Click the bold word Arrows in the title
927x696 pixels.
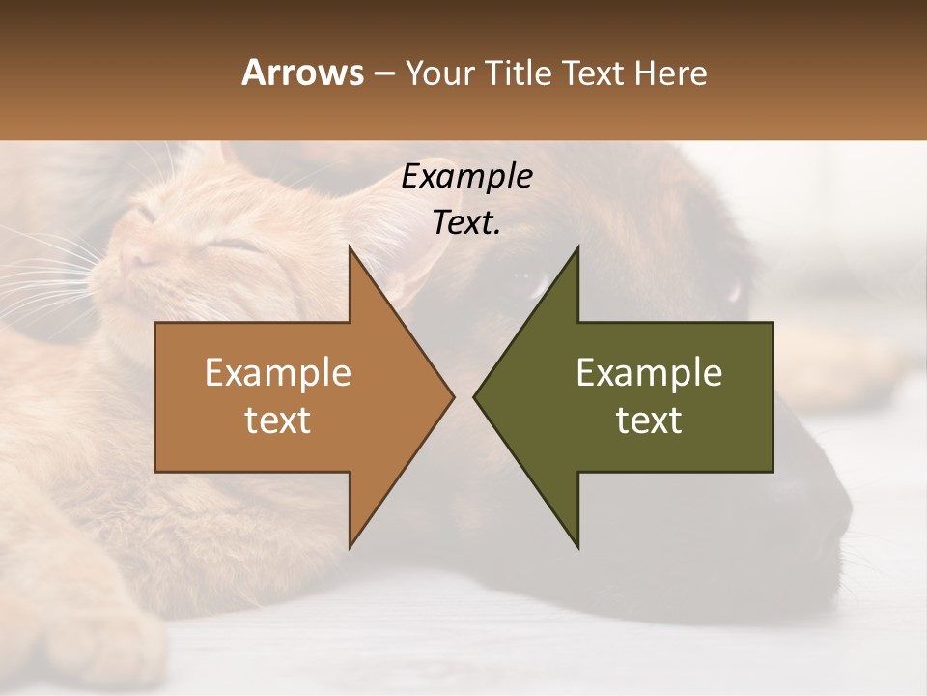click(x=302, y=72)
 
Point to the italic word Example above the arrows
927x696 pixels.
click(x=466, y=176)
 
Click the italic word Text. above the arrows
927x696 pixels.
click(x=466, y=222)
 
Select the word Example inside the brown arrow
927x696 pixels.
click(x=278, y=372)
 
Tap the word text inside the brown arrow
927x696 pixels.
click(x=278, y=420)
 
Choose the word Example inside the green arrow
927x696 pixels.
click(x=649, y=372)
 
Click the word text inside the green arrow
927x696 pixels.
click(x=649, y=420)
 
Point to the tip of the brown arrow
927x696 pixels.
click(x=453, y=396)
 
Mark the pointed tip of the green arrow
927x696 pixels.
click(x=474, y=396)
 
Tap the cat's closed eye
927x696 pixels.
click(x=235, y=246)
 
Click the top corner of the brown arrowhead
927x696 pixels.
click(x=350, y=247)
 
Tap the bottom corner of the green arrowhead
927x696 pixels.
click(x=577, y=547)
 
